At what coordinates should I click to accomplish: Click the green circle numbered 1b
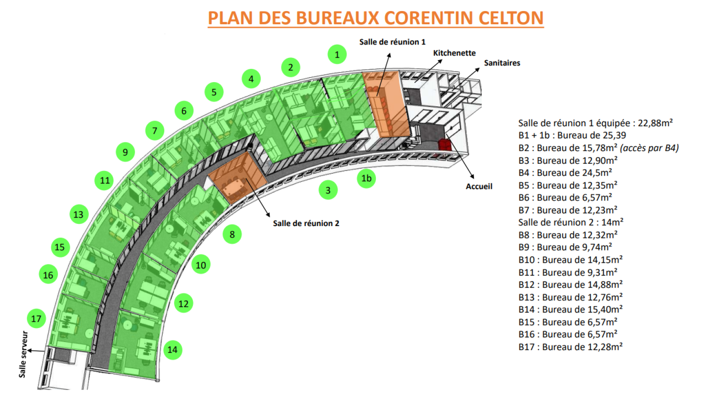coord(366,178)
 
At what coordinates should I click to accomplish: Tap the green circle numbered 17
coord(36,318)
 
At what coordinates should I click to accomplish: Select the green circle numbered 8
coord(232,234)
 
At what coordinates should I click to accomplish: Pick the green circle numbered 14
coord(172,350)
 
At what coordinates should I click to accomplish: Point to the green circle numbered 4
coord(251,79)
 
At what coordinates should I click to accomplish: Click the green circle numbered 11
coord(105,180)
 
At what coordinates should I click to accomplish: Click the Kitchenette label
coord(454,53)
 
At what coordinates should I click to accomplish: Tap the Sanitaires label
coord(502,63)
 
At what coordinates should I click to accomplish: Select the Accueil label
coord(479,186)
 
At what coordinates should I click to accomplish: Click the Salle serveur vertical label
coord(23,354)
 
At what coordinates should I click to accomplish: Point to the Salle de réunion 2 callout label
coord(306,223)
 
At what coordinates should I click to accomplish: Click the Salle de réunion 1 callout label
coord(392,42)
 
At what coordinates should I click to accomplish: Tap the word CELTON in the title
coord(511,18)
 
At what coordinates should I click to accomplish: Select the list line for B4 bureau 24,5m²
coord(565,173)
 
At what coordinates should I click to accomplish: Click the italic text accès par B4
coord(649,148)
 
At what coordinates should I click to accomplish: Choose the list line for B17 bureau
coord(570,347)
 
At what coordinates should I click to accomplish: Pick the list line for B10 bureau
coord(570,260)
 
